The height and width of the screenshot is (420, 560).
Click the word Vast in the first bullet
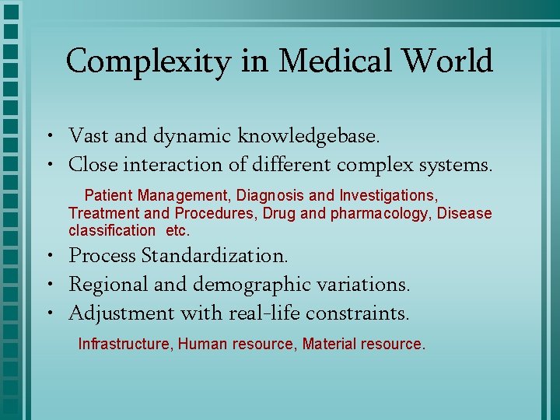pos(88,137)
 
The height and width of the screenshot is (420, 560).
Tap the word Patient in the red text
pos(108,194)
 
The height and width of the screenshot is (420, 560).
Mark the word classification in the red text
pos(112,230)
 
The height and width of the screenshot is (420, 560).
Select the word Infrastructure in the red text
pos(124,344)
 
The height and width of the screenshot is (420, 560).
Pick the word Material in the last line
pos(330,344)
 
